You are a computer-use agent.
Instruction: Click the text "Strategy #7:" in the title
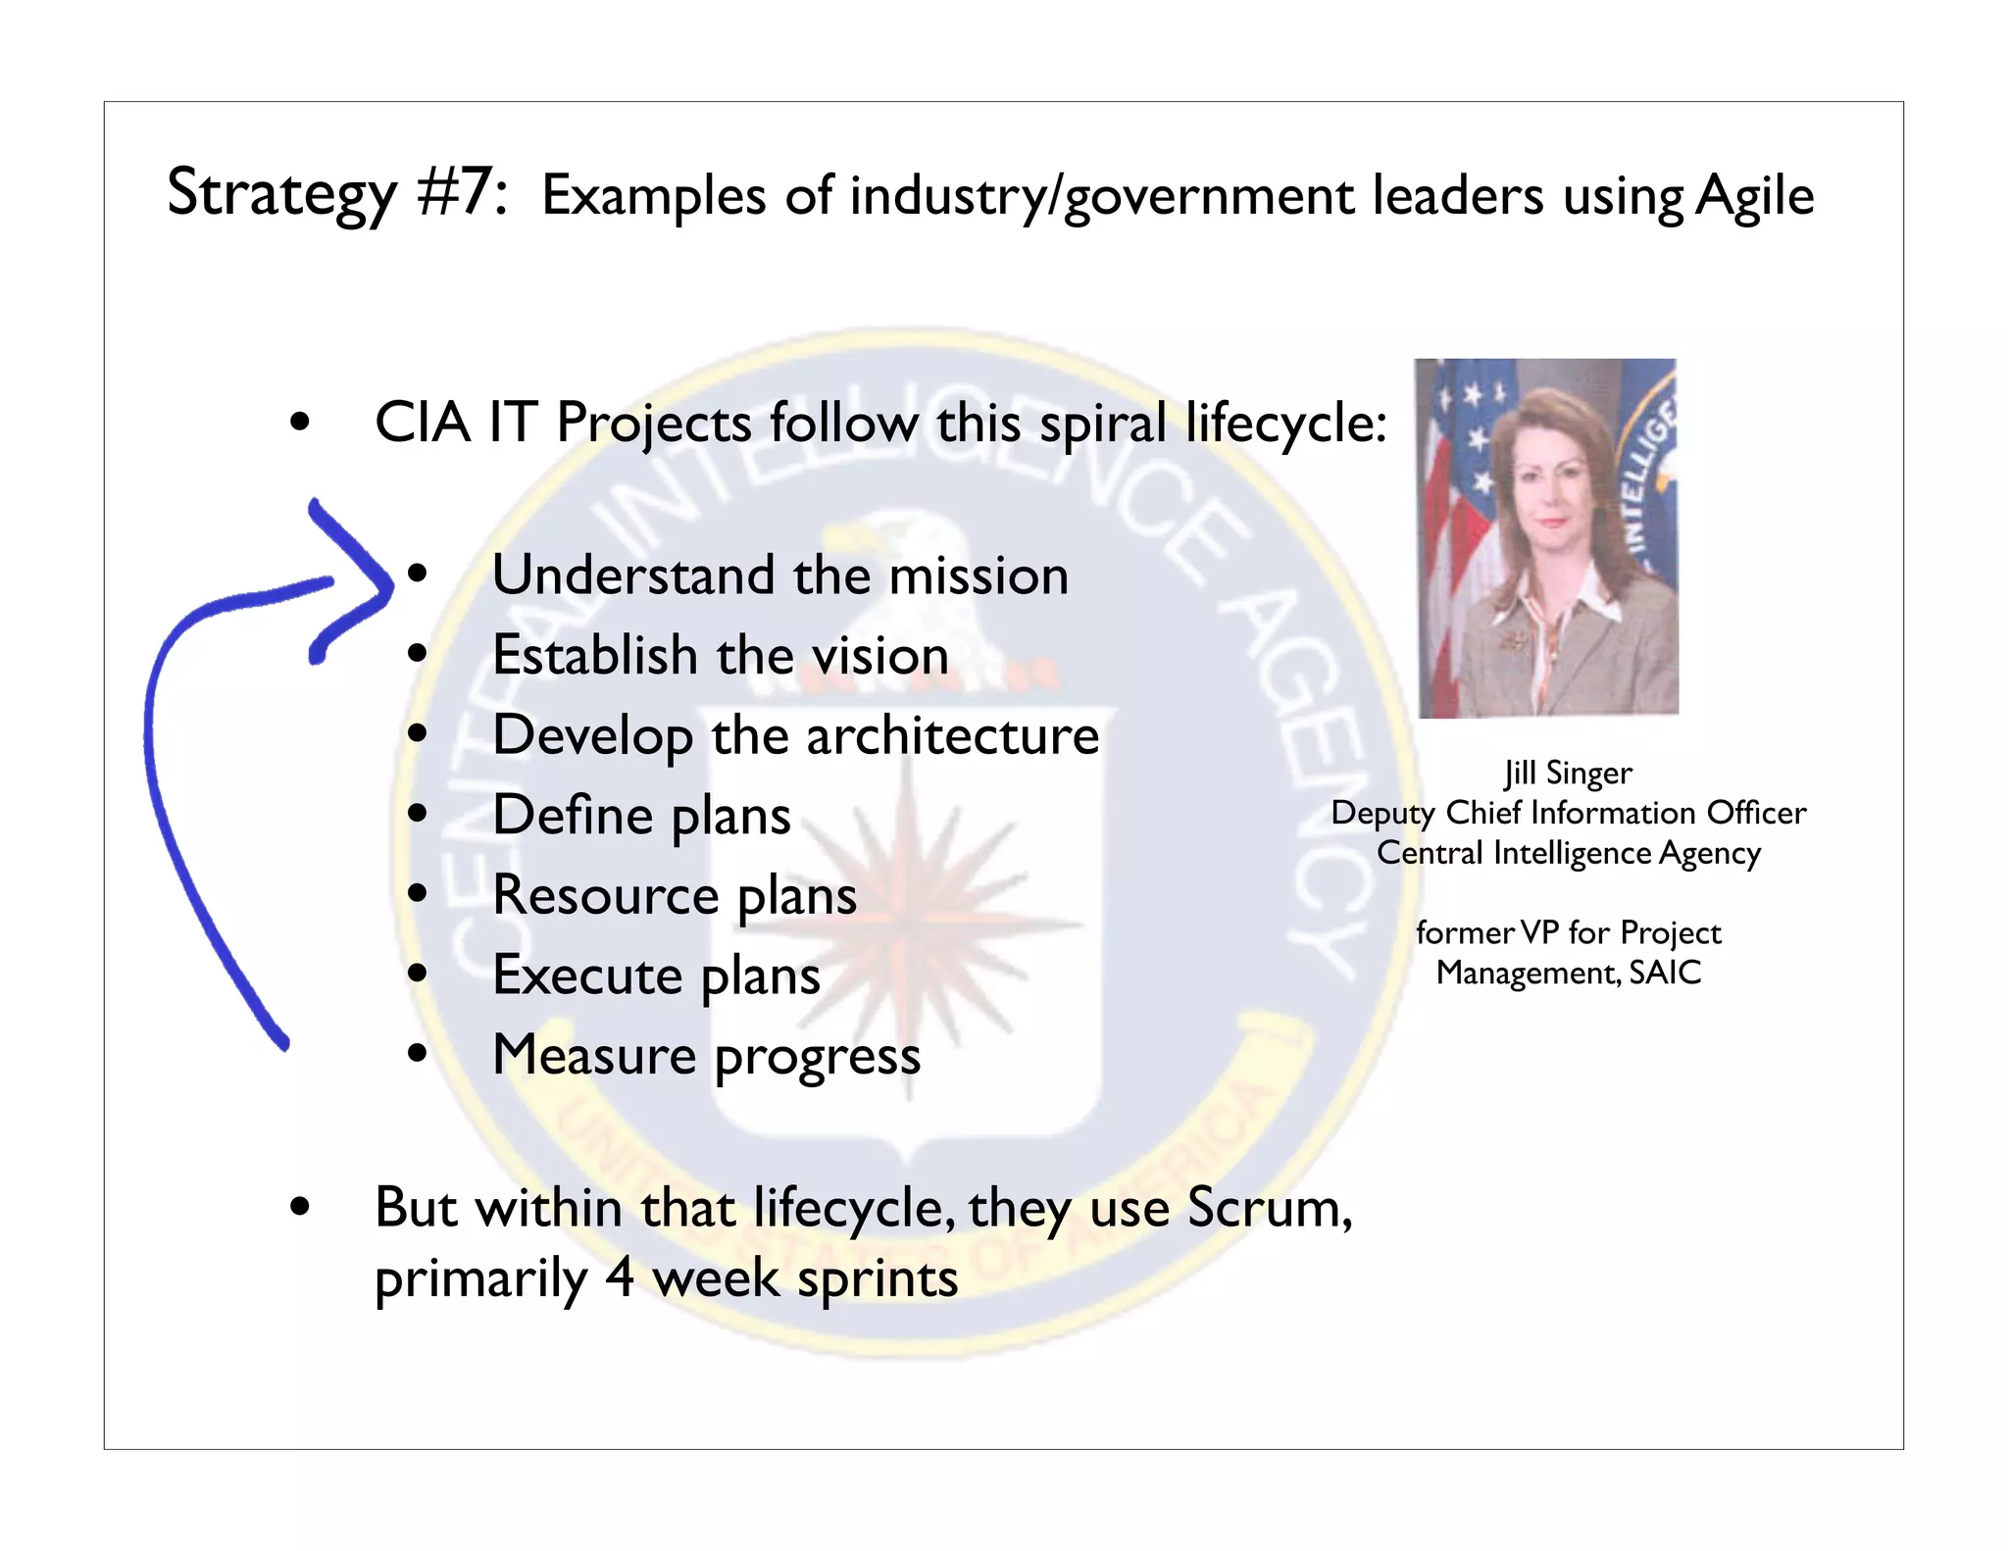(x=336, y=193)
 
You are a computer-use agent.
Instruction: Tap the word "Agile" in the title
(x=1754, y=197)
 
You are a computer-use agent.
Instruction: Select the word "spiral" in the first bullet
(x=1102, y=424)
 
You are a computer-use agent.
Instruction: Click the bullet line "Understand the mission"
(x=779, y=575)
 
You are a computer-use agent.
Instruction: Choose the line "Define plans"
(x=641, y=816)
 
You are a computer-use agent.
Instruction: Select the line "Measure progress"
(x=706, y=1056)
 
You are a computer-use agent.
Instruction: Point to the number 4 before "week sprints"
(x=619, y=1278)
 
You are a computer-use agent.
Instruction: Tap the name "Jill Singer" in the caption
(x=1568, y=774)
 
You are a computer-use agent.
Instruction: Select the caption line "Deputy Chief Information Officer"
(x=1568, y=814)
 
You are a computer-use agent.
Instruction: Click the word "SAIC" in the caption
(x=1665, y=974)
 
